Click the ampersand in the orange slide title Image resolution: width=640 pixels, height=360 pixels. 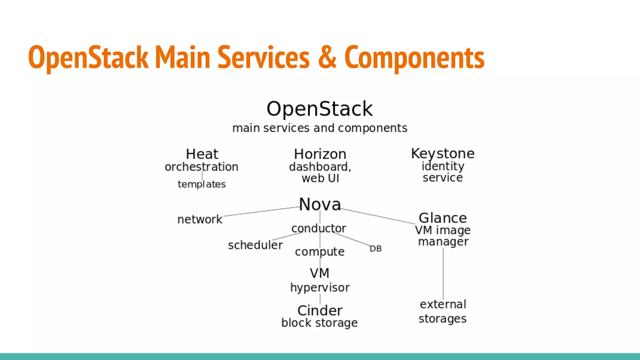[x=327, y=57]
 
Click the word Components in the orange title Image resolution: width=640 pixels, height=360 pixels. [x=414, y=58]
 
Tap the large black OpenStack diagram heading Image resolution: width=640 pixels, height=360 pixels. [x=319, y=109]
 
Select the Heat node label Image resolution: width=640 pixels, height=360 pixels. [x=202, y=154]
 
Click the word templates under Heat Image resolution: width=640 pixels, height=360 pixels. [x=202, y=184]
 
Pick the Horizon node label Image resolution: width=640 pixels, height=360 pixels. [x=320, y=154]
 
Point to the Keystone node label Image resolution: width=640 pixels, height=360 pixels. [x=442, y=153]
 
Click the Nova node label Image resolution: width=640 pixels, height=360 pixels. [x=320, y=204]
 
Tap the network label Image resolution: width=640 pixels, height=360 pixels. [x=200, y=219]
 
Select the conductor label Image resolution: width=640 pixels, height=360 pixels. [x=318, y=228]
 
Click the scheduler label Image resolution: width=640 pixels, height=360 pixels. [x=255, y=245]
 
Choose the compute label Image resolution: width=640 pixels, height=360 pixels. [x=320, y=252]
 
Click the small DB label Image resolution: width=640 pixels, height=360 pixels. [x=375, y=249]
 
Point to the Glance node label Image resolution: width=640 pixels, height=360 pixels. [x=442, y=218]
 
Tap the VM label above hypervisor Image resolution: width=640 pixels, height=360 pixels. [x=319, y=273]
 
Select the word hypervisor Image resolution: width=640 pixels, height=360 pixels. [x=320, y=287]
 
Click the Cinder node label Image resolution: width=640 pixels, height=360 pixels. [x=320, y=311]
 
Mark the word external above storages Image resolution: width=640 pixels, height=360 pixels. [x=443, y=304]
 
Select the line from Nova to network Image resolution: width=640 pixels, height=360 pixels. [x=261, y=212]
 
